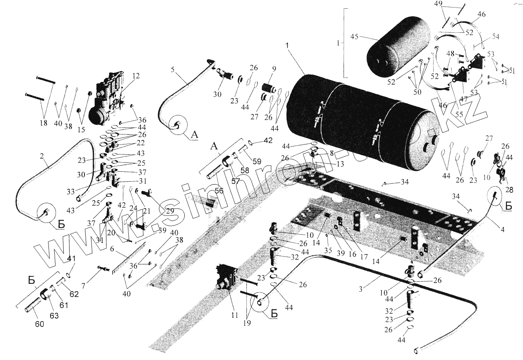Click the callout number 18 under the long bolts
44,123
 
